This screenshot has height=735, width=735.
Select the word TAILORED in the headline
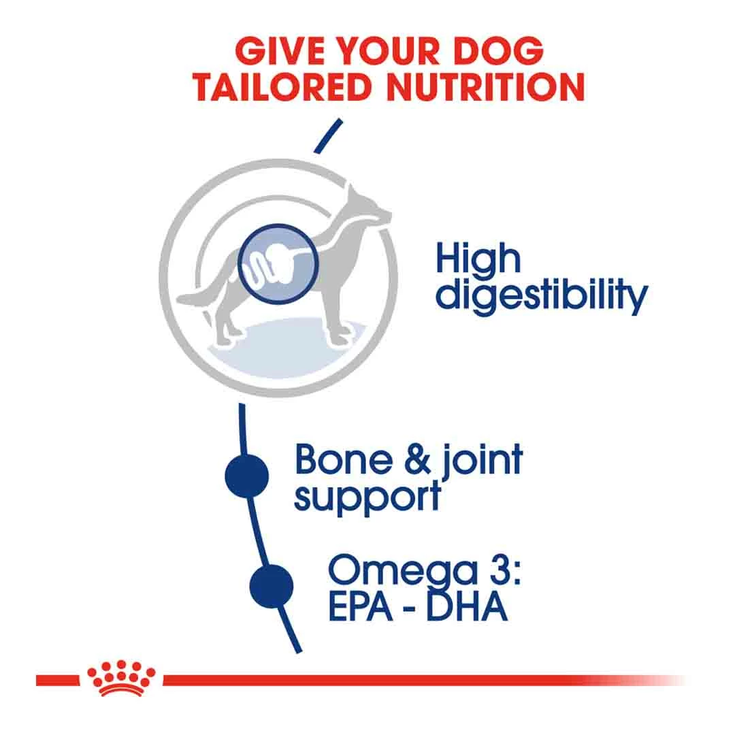(x=278, y=86)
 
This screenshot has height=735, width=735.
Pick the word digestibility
(x=541, y=298)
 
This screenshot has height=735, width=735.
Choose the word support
(x=367, y=497)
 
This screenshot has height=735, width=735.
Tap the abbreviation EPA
(x=361, y=608)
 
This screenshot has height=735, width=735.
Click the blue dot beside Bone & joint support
(x=247, y=474)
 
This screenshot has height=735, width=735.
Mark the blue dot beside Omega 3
(x=271, y=586)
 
